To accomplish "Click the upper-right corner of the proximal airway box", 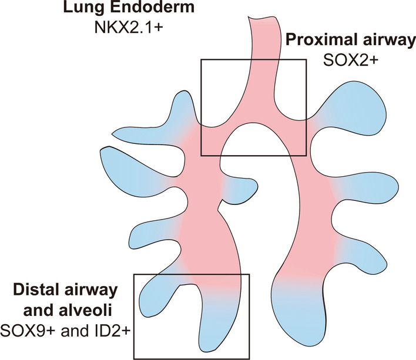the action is click(x=306, y=59).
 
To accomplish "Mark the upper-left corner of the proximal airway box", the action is click(x=201, y=59).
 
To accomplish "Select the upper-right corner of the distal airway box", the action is click(x=250, y=274).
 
